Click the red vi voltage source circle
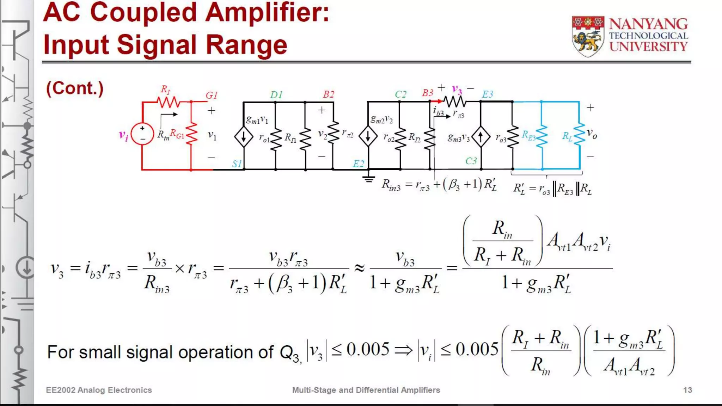click(142, 134)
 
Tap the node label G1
click(212, 96)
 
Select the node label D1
click(276, 95)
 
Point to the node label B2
click(329, 94)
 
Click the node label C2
click(400, 94)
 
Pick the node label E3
click(488, 94)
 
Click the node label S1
click(237, 164)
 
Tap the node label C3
click(471, 161)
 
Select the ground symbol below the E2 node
click(369, 179)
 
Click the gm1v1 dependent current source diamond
click(244, 137)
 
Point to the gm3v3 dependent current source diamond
click(481, 137)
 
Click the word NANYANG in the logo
click(648, 24)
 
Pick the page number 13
click(687, 390)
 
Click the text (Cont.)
click(75, 88)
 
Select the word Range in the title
click(246, 45)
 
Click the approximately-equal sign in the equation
click(359, 269)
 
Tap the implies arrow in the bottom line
click(403, 350)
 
